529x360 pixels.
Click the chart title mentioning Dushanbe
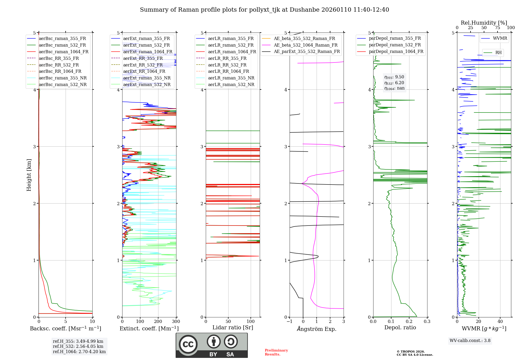pyautogui.click(x=264, y=10)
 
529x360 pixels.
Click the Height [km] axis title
pyautogui.click(x=29, y=175)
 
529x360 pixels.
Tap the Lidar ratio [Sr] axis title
pyautogui.click(x=233, y=327)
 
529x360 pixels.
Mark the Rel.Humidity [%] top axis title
pyautogui.click(x=484, y=23)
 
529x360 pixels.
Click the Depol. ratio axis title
pyautogui.click(x=400, y=327)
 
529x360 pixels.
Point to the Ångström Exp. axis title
pyautogui.click(x=317, y=329)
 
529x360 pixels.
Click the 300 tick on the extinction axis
pyautogui.click(x=176, y=322)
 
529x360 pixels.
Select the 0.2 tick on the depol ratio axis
pyautogui.click(x=409, y=322)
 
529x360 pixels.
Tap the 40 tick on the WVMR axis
pyautogui.click(x=500, y=322)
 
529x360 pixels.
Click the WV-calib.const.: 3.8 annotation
pyautogui.click(x=470, y=341)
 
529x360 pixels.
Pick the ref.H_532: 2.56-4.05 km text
pyautogui.click(x=78, y=346)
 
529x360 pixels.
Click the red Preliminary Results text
pyautogui.click(x=276, y=352)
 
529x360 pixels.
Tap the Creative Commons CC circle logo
pyautogui.click(x=188, y=344)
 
